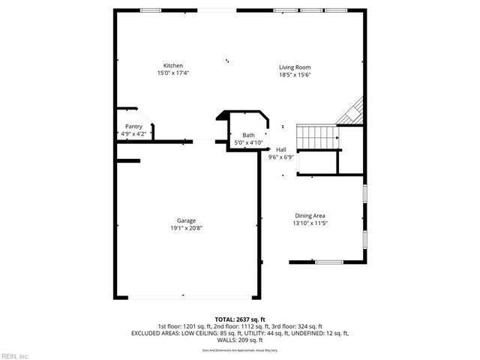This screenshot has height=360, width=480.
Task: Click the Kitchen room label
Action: tap(173, 65)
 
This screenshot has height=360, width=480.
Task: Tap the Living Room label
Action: tap(295, 67)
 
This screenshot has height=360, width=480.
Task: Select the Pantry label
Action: tap(133, 127)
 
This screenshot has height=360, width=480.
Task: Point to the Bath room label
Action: tap(248, 134)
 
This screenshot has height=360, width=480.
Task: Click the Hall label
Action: tap(281, 149)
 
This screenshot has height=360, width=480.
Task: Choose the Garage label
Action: tap(186, 220)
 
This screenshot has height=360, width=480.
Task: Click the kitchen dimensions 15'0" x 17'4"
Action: tap(173, 73)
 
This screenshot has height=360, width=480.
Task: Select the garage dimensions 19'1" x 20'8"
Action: tap(186, 229)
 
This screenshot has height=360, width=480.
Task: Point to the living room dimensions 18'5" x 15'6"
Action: tap(295, 74)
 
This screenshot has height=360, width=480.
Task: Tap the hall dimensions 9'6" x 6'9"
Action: tap(281, 157)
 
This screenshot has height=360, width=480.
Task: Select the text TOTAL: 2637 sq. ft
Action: tap(239, 319)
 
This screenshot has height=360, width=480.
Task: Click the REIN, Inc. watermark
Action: tap(14, 355)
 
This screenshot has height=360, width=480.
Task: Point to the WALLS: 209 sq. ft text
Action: tap(240, 340)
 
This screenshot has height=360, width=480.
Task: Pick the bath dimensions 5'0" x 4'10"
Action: tap(248, 142)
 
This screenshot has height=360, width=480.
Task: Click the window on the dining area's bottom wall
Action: tap(328, 262)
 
